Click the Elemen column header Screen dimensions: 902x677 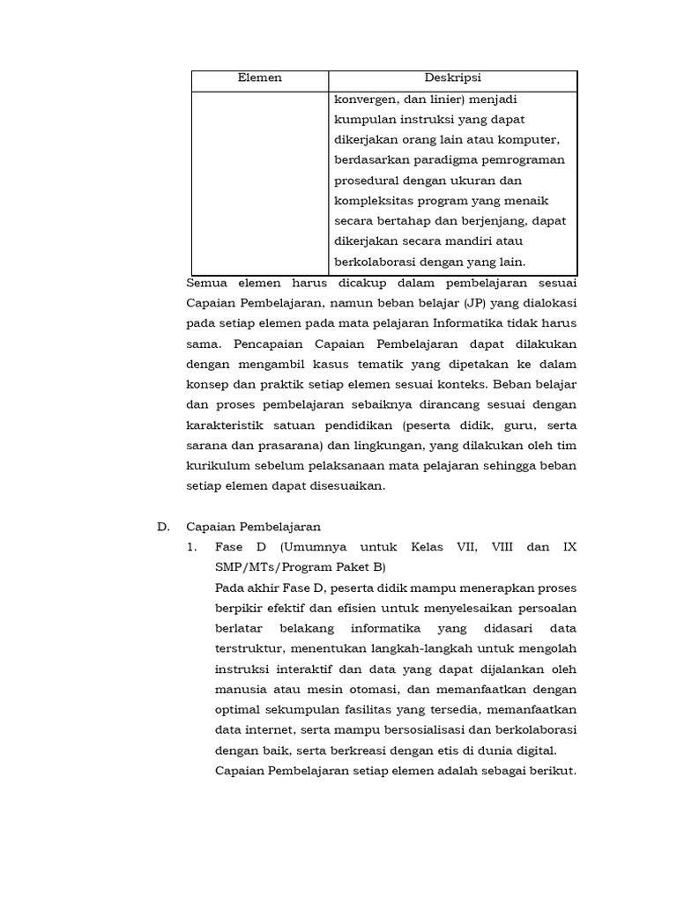click(260, 78)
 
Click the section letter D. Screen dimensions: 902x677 click(162, 527)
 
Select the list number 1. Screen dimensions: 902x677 click(192, 547)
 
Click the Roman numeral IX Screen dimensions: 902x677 click(569, 547)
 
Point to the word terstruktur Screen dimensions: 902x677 click(249, 648)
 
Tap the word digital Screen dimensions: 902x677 click(538, 750)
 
